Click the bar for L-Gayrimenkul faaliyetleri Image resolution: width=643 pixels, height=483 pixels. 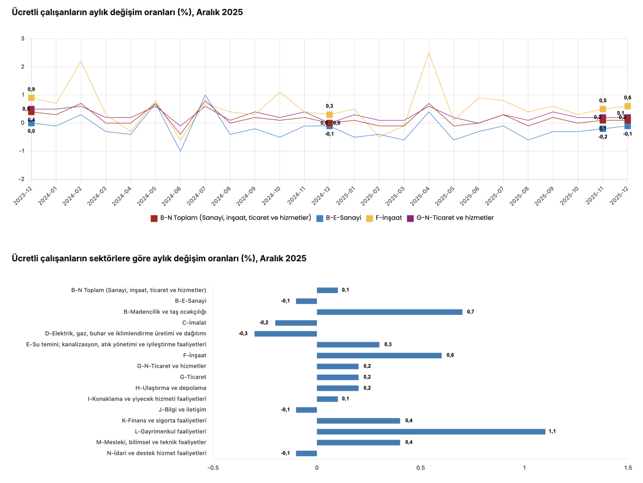(431, 431)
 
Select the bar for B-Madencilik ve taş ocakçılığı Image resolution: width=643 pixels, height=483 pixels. (389, 312)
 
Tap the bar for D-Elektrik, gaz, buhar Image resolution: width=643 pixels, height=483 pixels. (285, 334)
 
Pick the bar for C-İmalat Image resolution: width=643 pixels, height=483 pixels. (296, 323)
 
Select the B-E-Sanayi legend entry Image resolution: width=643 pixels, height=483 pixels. (339, 218)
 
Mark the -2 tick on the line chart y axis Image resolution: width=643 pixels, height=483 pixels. (22, 179)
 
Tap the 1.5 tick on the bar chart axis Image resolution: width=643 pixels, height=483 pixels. (628, 468)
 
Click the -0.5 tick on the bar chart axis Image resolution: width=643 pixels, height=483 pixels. (213, 468)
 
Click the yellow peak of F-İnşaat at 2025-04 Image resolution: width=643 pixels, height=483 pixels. (429, 53)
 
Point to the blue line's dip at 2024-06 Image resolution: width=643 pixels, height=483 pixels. (181, 151)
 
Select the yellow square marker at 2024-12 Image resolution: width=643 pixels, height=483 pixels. (329, 115)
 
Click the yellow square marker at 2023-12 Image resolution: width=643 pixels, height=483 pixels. (31, 98)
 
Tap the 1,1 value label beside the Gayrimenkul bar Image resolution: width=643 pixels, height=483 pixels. (552, 431)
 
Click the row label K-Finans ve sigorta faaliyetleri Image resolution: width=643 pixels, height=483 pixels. (164, 420)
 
